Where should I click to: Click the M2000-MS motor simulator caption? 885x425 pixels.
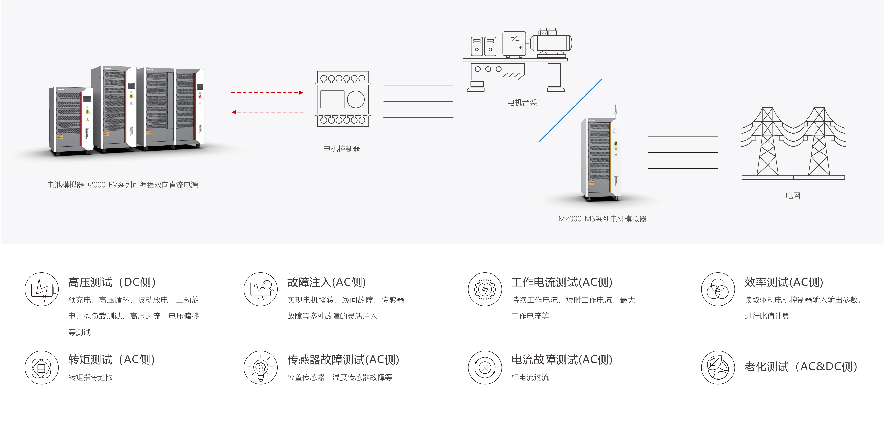tap(602, 219)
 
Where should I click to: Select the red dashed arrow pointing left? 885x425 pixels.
tap(267, 112)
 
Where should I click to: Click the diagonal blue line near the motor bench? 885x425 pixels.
tap(570, 110)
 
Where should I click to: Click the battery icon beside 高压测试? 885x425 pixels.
tap(41, 289)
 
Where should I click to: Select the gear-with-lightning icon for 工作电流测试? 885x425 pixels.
tap(485, 289)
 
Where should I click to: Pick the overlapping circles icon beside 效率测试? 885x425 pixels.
tap(718, 289)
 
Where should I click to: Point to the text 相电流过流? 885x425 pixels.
tap(530, 377)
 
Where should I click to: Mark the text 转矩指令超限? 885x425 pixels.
tap(91, 377)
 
